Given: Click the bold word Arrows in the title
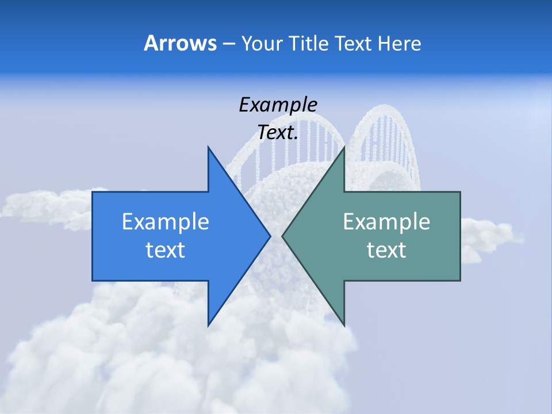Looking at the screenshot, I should [180, 43].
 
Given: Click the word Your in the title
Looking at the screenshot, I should [262, 44].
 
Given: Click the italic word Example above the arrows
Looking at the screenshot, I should [278, 105].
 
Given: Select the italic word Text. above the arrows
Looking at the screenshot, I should [278, 133].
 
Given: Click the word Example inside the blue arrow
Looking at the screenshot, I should [166, 221].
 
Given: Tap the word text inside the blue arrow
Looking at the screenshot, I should [166, 250].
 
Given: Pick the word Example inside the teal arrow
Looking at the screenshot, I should [386, 221].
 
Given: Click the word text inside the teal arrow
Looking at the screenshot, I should [386, 250].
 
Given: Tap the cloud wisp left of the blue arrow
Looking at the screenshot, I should [46, 204].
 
